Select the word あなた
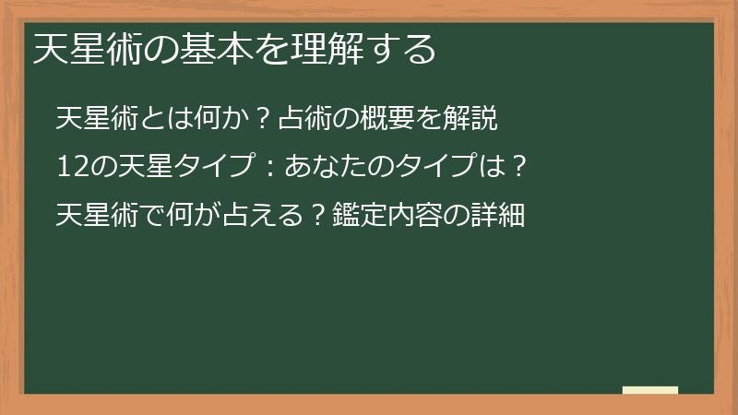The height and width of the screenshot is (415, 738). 326,168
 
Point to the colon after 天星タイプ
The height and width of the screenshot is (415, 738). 268,168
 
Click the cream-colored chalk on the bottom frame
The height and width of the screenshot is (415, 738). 650,390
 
